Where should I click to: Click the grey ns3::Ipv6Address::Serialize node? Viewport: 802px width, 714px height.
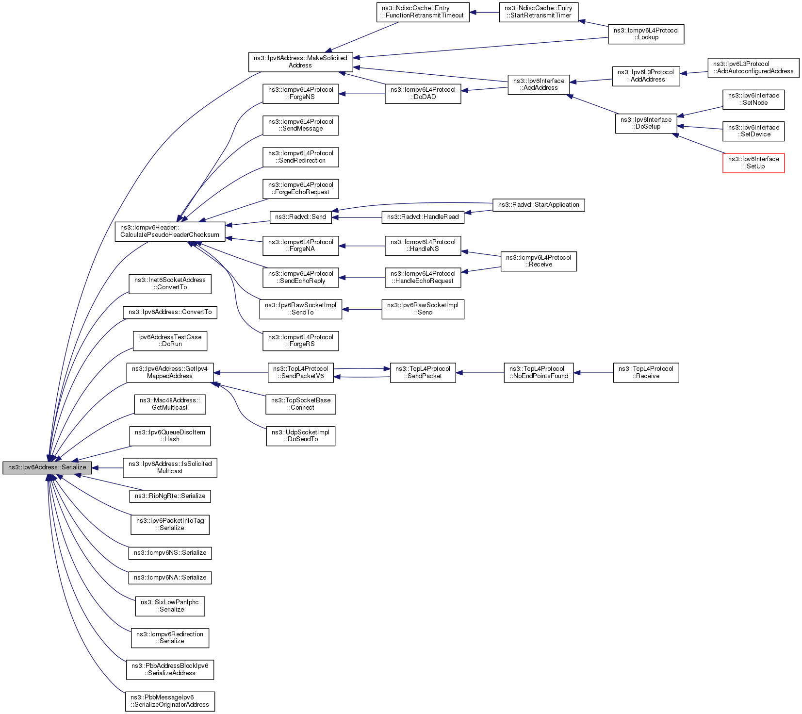tap(47, 467)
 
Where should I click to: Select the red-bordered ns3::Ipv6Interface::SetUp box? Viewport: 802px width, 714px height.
tap(753, 163)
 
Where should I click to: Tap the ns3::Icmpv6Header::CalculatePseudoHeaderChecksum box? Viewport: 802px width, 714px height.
tap(170, 232)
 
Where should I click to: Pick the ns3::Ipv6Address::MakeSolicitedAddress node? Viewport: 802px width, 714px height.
tap(300, 62)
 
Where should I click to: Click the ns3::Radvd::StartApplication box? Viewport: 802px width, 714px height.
tap(538, 205)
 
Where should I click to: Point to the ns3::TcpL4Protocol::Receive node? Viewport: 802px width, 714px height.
tap(646, 373)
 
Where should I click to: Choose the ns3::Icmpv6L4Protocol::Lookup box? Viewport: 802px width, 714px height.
tap(646, 34)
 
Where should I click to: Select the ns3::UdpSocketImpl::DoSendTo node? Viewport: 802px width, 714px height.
tap(300, 436)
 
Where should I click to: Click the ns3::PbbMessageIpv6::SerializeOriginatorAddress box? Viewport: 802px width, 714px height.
tap(170, 701)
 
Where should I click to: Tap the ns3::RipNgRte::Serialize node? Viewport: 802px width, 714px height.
tap(170, 496)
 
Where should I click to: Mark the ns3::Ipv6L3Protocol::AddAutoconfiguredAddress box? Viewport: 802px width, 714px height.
tap(753, 67)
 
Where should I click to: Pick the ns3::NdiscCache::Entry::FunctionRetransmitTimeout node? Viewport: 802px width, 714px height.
tap(423, 12)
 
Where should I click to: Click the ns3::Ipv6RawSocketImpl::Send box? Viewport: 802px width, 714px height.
tap(423, 309)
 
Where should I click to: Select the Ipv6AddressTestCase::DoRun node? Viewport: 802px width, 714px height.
tap(170, 341)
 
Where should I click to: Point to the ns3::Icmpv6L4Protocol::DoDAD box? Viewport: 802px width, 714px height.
tap(423, 94)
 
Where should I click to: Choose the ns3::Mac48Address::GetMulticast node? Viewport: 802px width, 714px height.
tap(170, 404)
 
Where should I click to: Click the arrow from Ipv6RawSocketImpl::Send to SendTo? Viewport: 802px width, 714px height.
tap(361, 309)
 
